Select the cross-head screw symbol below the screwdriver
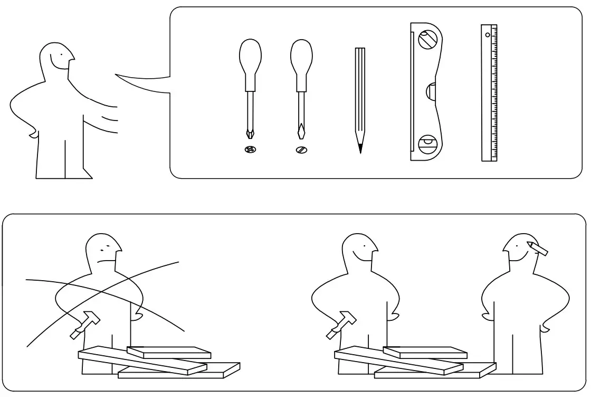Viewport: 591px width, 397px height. pyautogui.click(x=250, y=150)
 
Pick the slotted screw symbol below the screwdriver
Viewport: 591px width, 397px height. pyautogui.click(x=301, y=150)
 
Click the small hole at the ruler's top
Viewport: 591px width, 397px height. pyautogui.click(x=488, y=35)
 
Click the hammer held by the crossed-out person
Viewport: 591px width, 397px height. pyautogui.click(x=84, y=324)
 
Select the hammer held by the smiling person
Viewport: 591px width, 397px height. pyautogui.click(x=341, y=324)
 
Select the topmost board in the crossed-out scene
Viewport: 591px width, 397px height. pyautogui.click(x=169, y=352)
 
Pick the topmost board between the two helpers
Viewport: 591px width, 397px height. pyautogui.click(x=425, y=352)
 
